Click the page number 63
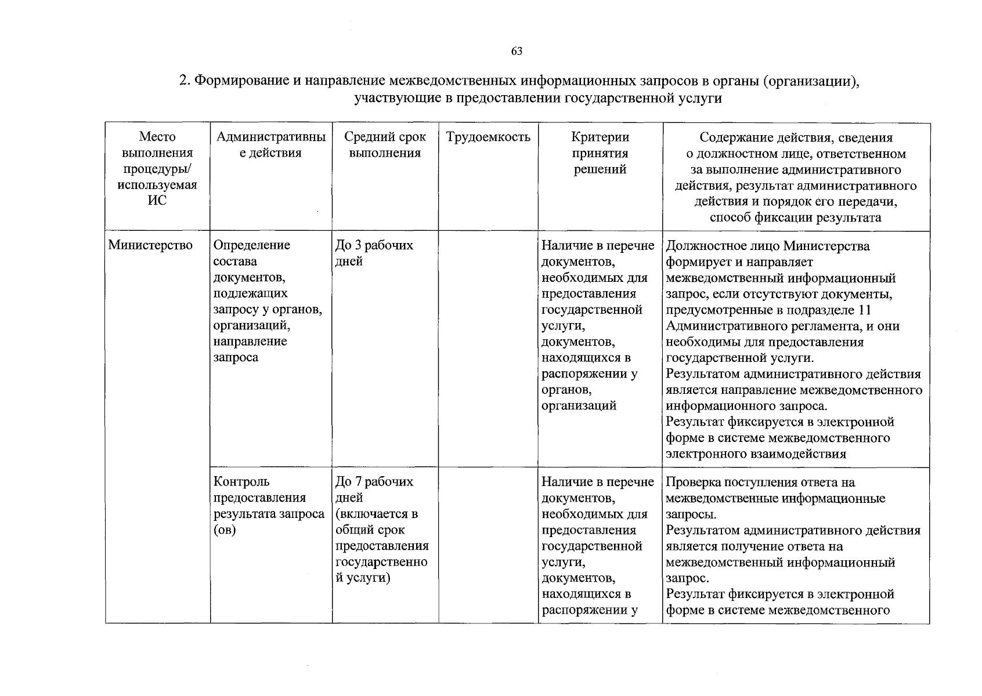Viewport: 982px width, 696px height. coord(517,52)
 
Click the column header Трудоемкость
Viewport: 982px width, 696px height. coord(488,137)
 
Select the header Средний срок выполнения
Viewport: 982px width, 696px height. coord(385,145)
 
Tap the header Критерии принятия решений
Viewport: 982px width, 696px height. coord(600,153)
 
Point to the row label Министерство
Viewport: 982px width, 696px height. coord(150,245)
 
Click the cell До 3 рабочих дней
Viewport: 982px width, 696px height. coord(374,253)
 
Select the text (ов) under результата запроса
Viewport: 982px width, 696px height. coord(225,530)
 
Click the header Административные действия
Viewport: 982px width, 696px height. coord(271,145)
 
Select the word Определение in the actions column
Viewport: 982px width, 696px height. coord(252,245)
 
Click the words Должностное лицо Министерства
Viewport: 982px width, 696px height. coord(767,246)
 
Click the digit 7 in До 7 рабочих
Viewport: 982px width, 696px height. coord(356,482)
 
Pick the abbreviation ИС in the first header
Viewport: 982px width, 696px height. coord(157,201)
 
